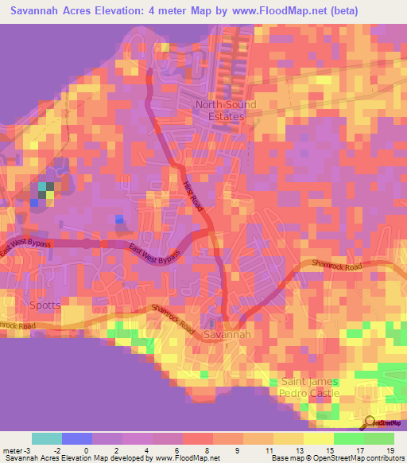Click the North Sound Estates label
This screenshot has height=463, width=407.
(x=227, y=111)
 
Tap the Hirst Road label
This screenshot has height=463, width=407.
(x=193, y=194)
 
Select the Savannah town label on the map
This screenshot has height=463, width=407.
(x=227, y=335)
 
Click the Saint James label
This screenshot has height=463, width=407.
(x=309, y=382)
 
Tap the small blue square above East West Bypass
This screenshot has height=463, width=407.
(x=119, y=220)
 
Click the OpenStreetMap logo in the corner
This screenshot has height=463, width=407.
(x=382, y=422)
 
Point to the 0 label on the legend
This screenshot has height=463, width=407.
(x=86, y=450)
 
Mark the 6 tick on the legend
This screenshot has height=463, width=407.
(x=176, y=450)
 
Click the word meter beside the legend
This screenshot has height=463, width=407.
(x=14, y=450)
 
